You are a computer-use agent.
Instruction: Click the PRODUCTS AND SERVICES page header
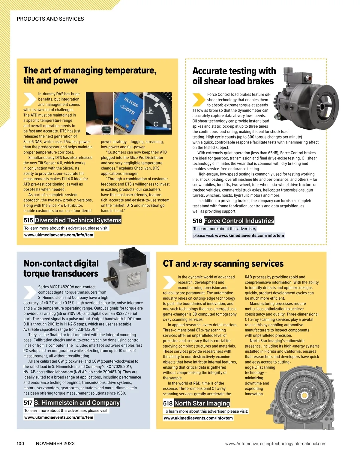coord(50,19)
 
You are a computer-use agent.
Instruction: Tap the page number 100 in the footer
coord(20,444)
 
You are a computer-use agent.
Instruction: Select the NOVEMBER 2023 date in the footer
coord(55,444)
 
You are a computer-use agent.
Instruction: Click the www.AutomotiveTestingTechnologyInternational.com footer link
coord(276,444)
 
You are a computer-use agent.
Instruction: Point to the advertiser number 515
coord(28,220)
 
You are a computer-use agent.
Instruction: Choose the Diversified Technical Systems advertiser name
coord(78,220)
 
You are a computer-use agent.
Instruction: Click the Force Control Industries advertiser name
coord(239,221)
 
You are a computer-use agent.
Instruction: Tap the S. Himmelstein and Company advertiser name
coord(77,402)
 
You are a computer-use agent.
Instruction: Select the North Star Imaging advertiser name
coord(202,403)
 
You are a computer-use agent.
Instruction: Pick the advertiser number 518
coord(168,403)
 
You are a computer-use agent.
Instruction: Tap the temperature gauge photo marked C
coord(158,113)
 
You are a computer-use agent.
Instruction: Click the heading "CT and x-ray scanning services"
coord(223,263)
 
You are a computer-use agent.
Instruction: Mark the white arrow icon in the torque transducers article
coord(30,292)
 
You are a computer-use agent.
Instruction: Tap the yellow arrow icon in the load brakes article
coord(199,100)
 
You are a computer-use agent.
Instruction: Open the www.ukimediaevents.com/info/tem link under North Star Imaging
coord(198,418)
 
